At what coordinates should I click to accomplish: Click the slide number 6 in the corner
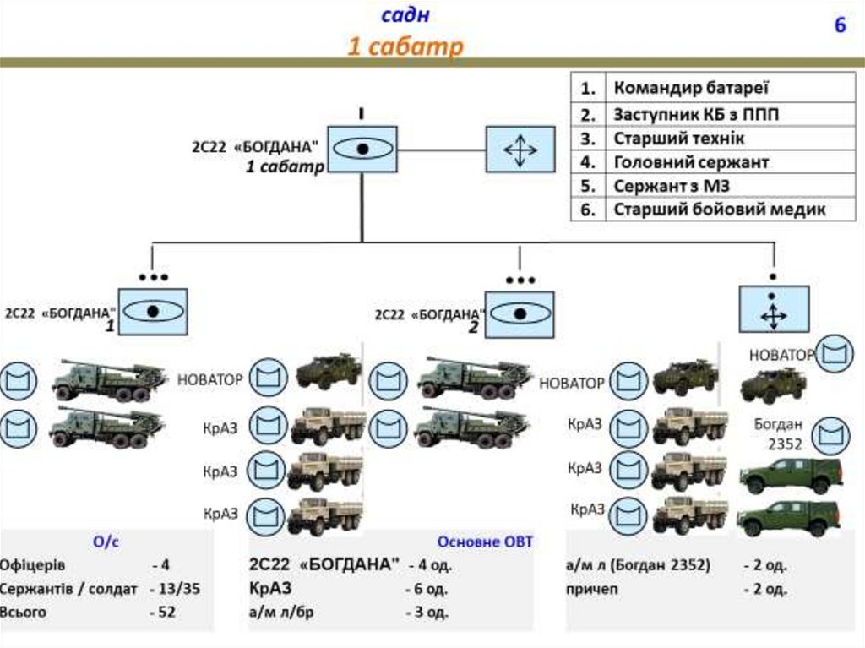[x=840, y=26]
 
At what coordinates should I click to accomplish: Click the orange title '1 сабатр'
[x=405, y=46]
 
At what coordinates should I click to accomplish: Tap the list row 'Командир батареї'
[x=691, y=88]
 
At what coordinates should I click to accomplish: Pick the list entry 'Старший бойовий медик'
[x=719, y=210]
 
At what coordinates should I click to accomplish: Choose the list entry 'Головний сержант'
[x=691, y=161]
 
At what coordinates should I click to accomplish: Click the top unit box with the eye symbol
[x=362, y=150]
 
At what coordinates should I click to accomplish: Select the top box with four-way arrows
[x=520, y=150]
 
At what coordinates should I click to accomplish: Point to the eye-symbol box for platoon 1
[x=153, y=311]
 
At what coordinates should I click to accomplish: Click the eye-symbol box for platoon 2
[x=520, y=313]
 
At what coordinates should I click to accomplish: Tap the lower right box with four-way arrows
[x=773, y=308]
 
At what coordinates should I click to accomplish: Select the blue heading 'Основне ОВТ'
[x=485, y=542]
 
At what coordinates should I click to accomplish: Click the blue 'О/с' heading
[x=106, y=542]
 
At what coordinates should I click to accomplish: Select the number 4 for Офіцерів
[x=166, y=565]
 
